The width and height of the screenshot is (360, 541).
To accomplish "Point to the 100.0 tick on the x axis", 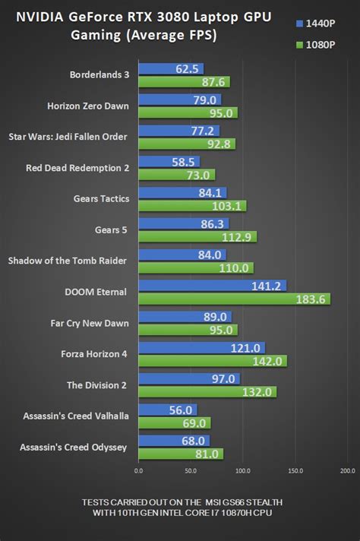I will (x=242, y=471).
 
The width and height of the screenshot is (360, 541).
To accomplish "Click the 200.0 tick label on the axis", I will (x=346, y=471).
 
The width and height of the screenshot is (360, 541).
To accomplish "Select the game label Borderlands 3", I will (x=99, y=75).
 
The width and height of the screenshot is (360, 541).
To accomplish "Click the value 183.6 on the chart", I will (x=311, y=299).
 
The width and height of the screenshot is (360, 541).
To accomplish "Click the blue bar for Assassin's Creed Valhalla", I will (x=167, y=410).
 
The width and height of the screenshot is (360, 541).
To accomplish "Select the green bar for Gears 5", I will (x=197, y=236).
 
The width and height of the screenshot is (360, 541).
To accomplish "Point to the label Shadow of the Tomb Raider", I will (x=68, y=261).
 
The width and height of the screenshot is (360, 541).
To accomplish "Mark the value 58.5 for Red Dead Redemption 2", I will (x=185, y=162).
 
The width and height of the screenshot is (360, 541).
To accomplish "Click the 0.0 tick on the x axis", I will (x=138, y=471).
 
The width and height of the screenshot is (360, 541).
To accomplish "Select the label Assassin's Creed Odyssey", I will (x=74, y=447).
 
